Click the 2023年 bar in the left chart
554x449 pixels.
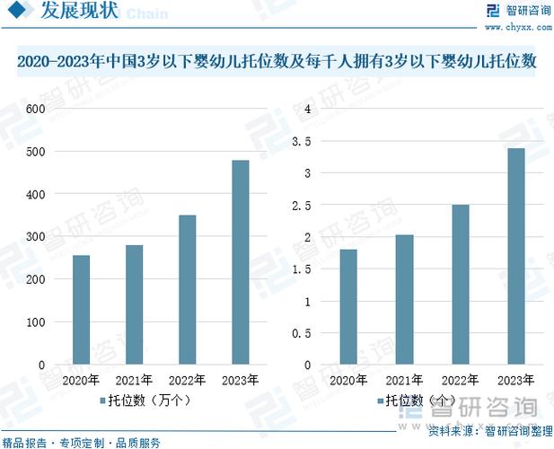point(240,262)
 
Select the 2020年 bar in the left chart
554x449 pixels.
point(82,310)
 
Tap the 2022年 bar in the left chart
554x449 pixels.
point(187,290)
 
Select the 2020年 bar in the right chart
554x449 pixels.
point(349,307)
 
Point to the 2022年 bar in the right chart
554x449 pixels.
point(460,285)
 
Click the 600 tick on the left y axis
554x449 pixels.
point(35,109)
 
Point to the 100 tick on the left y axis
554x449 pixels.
point(35,322)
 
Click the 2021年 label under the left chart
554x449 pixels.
point(135,379)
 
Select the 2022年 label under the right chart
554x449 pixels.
point(460,379)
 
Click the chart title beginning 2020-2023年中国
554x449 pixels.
point(277,62)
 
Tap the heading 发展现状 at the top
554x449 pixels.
point(79,13)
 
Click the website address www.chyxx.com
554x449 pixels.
point(516,27)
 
